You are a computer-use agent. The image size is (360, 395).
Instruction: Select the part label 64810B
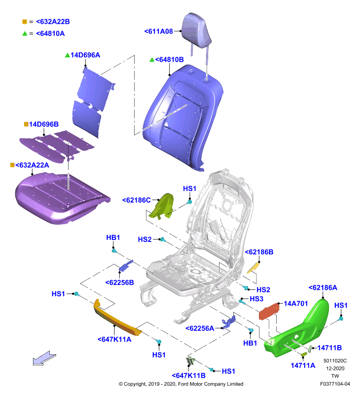click(169, 60)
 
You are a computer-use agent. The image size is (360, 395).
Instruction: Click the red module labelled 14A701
click(269, 312)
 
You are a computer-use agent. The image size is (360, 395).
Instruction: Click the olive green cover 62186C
click(161, 206)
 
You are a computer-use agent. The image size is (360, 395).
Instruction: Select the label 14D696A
click(85, 55)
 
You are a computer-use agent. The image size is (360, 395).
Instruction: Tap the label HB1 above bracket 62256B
click(113, 237)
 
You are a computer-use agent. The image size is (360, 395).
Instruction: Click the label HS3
click(256, 299)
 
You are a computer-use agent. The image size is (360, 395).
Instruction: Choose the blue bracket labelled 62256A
click(229, 322)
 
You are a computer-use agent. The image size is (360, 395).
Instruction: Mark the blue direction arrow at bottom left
click(44, 358)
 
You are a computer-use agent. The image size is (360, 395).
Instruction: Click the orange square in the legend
click(25, 22)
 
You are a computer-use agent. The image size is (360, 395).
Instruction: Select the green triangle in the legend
click(25, 33)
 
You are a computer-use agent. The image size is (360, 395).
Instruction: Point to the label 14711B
click(329, 348)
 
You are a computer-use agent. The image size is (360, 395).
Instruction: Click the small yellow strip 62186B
click(253, 268)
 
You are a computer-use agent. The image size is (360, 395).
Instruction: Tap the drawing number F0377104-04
click(335, 384)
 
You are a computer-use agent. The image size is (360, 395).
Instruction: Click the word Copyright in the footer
click(135, 384)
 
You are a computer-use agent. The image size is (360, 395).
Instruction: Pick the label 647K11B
click(189, 376)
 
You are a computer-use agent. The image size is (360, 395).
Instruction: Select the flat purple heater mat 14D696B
click(57, 146)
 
